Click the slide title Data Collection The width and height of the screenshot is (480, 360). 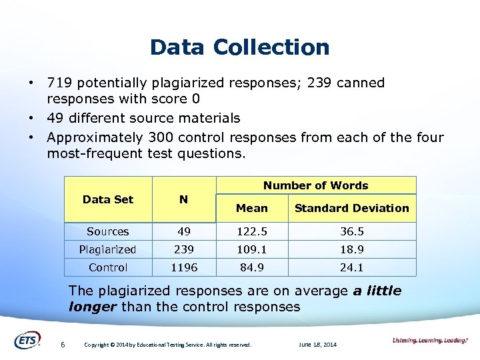click(x=240, y=47)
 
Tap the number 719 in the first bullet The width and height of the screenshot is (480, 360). click(x=58, y=83)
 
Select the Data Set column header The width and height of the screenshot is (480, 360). click(x=108, y=199)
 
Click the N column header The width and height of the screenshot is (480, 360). click(x=184, y=199)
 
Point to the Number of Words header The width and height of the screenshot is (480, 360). click(x=315, y=185)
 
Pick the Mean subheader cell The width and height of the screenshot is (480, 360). click(x=252, y=208)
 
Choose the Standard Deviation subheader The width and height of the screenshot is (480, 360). click(x=351, y=208)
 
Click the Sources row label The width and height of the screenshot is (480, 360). click(x=108, y=231)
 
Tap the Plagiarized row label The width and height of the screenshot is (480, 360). click(x=108, y=249)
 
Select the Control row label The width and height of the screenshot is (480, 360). click(x=108, y=267)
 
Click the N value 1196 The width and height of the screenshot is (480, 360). click(x=184, y=267)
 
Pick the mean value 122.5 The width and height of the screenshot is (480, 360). click(x=252, y=231)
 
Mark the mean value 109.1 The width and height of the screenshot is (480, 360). click(x=252, y=249)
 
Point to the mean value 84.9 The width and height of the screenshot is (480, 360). click(x=252, y=267)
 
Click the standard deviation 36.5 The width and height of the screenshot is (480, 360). click(x=351, y=231)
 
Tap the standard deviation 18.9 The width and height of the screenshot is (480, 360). click(x=351, y=249)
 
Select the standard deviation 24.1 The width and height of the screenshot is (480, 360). click(x=351, y=267)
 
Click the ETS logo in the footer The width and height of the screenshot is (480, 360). click(x=27, y=339)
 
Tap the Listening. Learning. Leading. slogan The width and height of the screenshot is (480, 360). click(x=429, y=341)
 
